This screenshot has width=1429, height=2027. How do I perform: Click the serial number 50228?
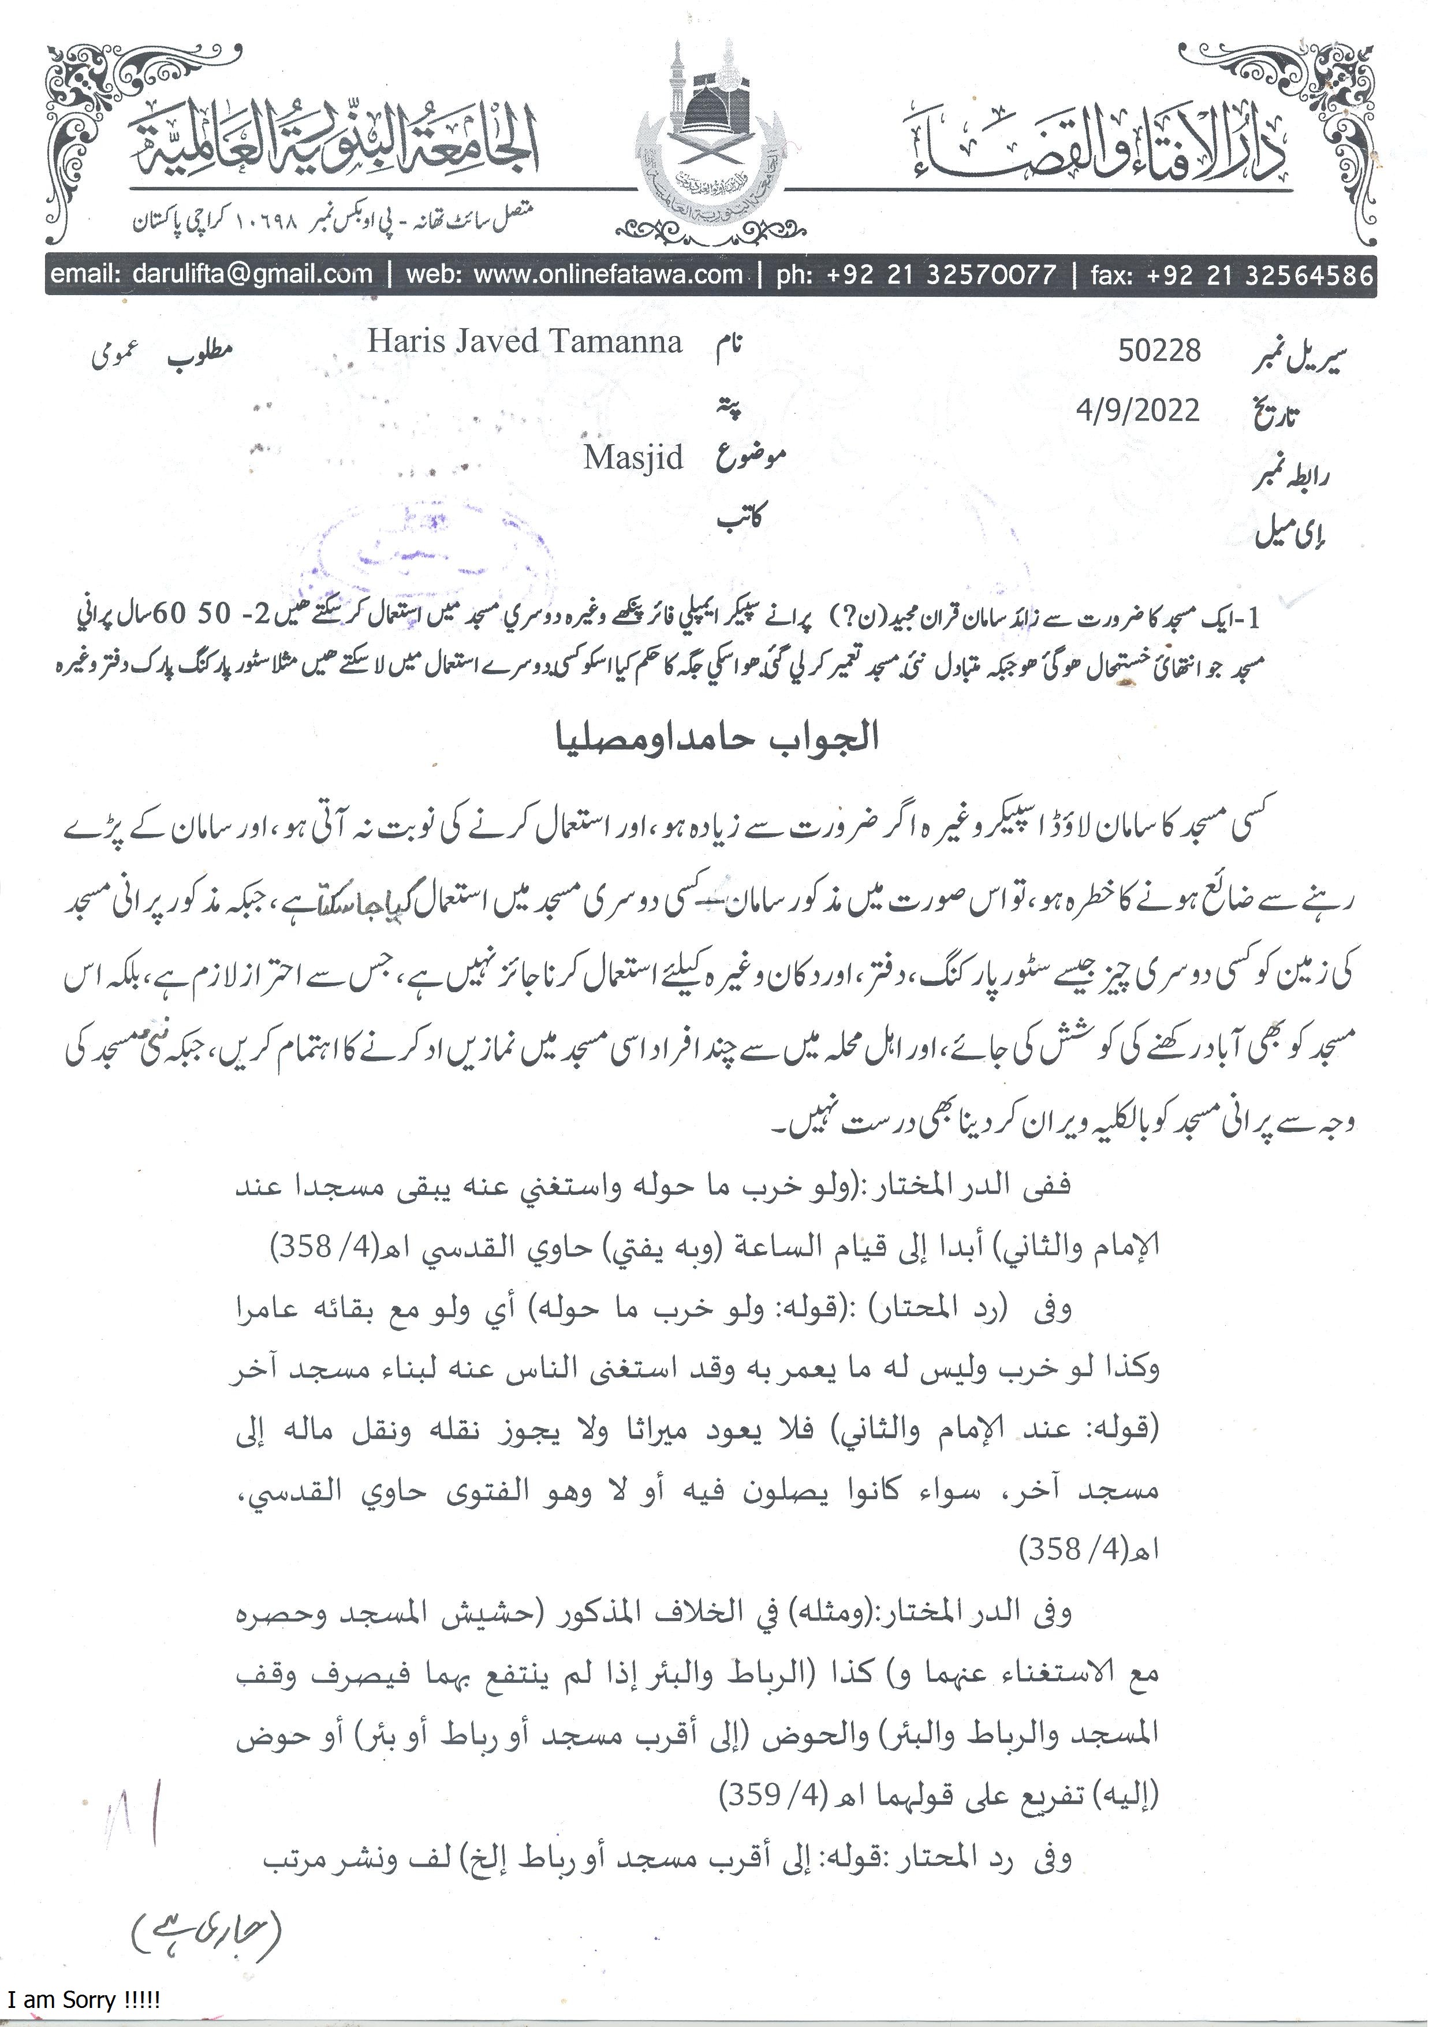(x=1159, y=351)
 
